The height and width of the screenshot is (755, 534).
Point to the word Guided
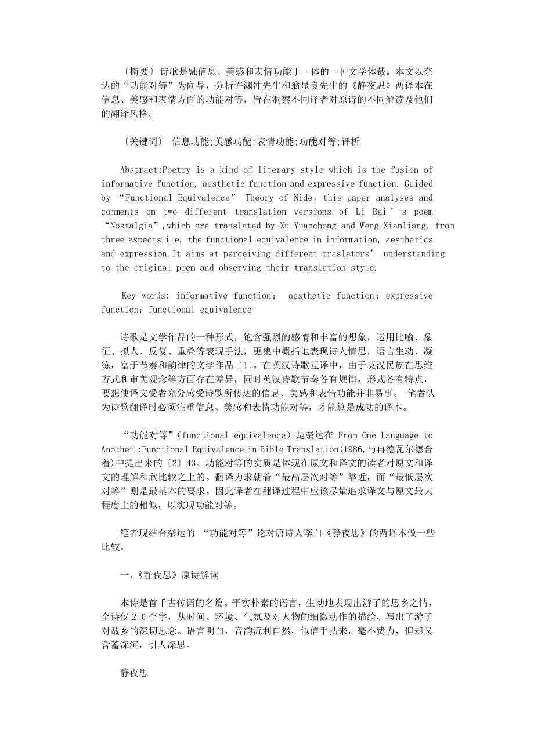417,184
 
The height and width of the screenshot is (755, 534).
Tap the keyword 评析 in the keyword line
351,141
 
